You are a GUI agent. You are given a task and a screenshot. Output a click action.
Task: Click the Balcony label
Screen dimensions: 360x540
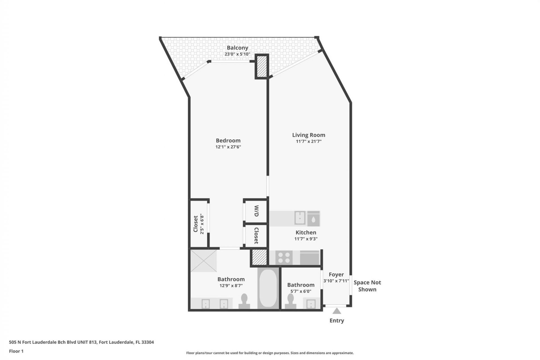[237, 48]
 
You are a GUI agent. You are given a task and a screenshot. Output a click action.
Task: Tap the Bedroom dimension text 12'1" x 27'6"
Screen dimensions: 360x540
[228, 147]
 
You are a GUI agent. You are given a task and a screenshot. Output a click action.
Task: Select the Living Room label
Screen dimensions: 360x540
[309, 135]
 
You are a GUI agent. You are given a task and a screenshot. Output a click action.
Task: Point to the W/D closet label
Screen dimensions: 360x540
[256, 211]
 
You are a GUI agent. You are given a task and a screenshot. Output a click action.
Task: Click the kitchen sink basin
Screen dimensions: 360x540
[300, 218]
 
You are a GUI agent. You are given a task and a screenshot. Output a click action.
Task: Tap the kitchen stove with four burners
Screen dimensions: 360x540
[284, 257]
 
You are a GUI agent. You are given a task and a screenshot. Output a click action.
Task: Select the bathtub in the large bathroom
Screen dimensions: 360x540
[268, 288]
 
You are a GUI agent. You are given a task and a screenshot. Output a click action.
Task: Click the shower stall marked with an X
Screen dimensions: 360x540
[204, 261]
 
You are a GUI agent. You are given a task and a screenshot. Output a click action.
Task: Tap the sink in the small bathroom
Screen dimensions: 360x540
[310, 304]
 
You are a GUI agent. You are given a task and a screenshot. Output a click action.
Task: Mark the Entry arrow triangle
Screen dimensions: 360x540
[337, 311]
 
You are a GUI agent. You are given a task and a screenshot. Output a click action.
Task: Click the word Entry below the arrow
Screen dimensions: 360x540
[337, 321]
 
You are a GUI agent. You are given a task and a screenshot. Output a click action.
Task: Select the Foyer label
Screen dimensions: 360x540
[336, 274]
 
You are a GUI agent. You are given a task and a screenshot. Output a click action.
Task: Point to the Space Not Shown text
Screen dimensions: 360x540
[367, 286]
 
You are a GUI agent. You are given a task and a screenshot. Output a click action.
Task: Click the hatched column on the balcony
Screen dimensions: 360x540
[262, 66]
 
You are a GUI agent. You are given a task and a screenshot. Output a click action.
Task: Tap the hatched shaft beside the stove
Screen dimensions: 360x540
[259, 257]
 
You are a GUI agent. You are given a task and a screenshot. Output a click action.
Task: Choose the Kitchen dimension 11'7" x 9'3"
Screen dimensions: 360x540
[306, 239]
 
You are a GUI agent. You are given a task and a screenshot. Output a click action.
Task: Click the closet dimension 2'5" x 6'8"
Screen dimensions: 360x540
[201, 224]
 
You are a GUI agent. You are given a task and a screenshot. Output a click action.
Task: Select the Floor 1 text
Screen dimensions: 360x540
[16, 351]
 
